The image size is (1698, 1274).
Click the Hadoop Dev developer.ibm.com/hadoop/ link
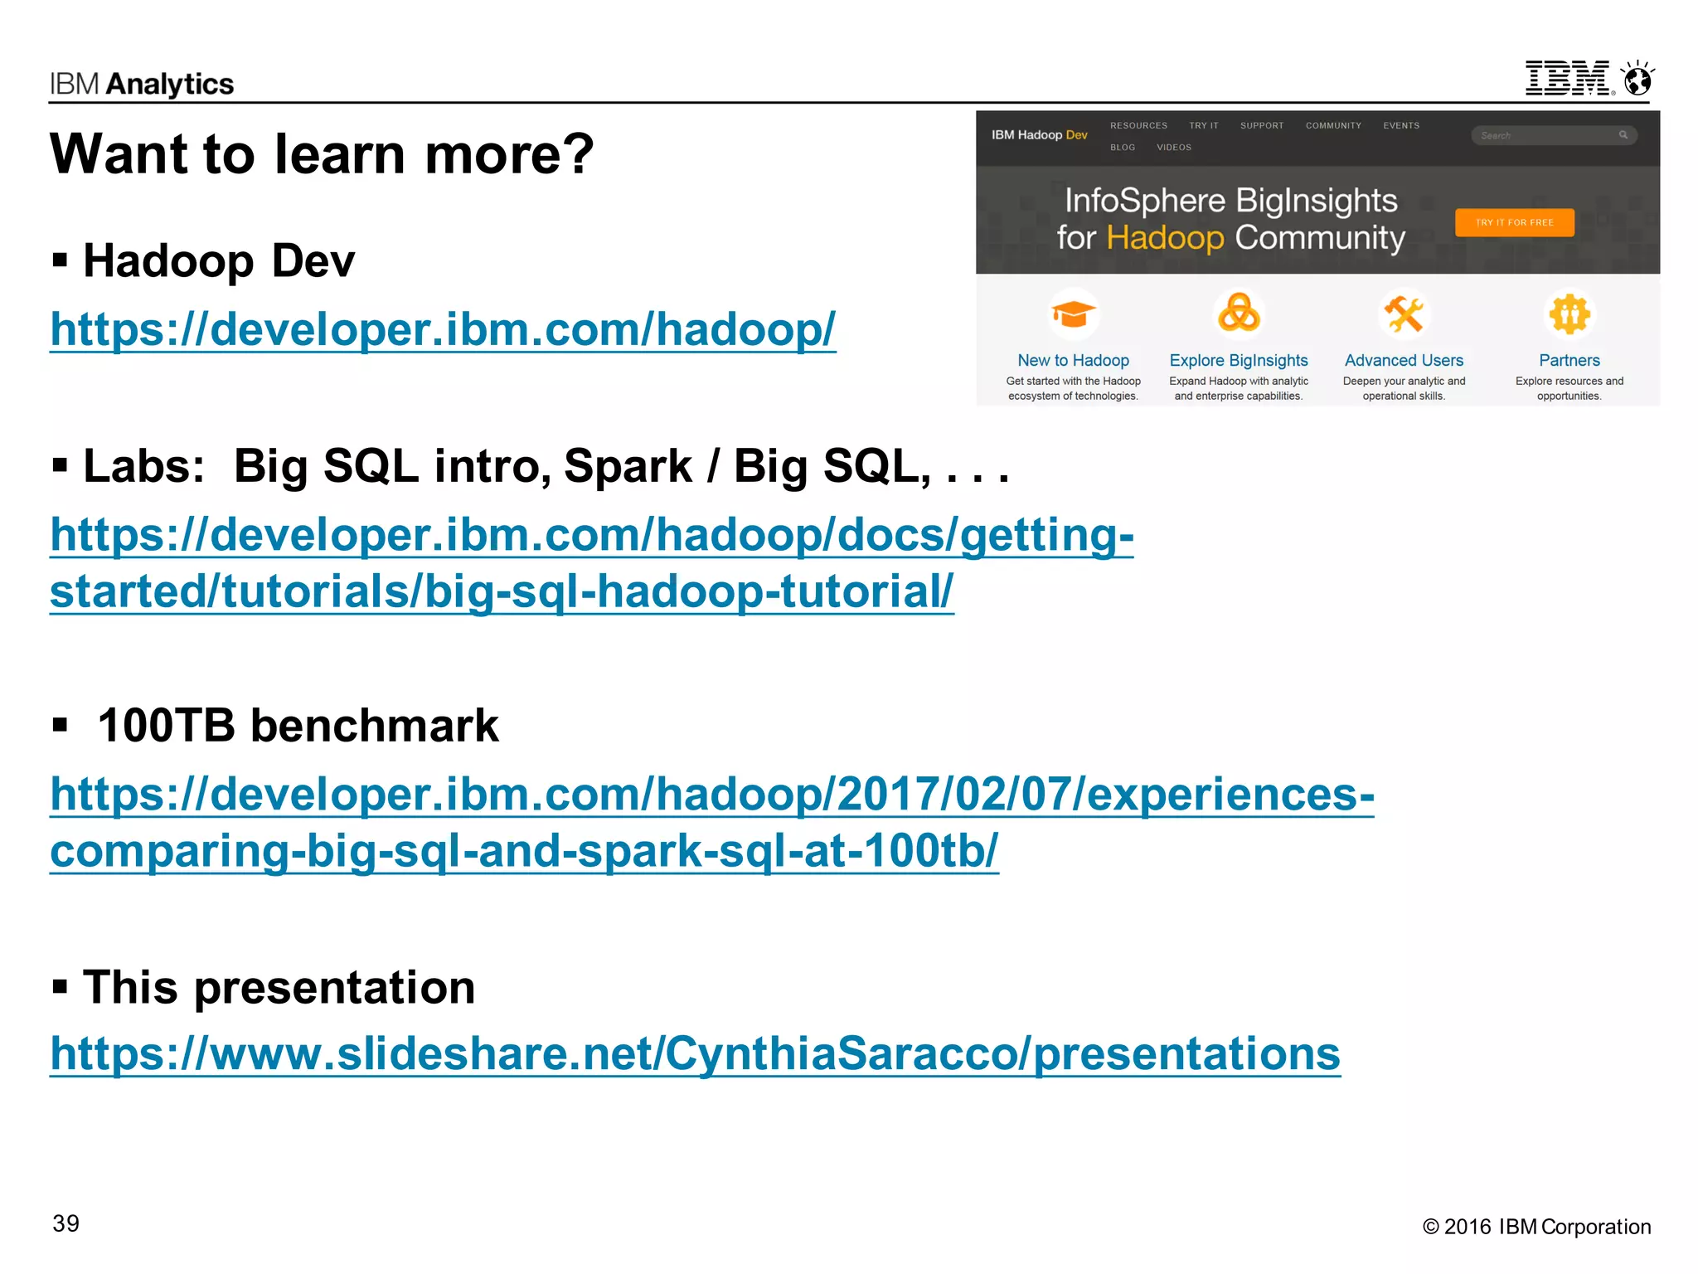(443, 329)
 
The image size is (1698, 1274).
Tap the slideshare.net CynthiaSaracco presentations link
(695, 1053)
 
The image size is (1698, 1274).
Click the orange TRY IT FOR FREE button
(1514, 222)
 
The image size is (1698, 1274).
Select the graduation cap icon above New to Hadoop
(1073, 314)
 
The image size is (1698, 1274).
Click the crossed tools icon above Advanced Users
(1404, 314)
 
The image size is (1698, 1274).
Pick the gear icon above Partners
(1569, 314)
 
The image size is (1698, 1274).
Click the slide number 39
(66, 1223)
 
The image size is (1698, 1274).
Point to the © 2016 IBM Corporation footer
(1536, 1227)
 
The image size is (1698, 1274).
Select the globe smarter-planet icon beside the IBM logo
(1637, 80)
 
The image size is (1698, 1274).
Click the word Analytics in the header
(170, 85)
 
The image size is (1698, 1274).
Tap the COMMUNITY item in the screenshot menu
(1333, 126)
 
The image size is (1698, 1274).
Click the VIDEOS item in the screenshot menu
(1174, 148)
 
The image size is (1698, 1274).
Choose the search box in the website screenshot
(1547, 135)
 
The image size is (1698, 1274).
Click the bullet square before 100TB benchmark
(60, 726)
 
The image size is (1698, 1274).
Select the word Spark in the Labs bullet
(628, 466)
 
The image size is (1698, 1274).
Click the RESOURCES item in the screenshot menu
(1138, 126)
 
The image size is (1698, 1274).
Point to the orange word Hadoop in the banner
(1165, 238)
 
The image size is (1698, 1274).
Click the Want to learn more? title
(322, 154)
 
